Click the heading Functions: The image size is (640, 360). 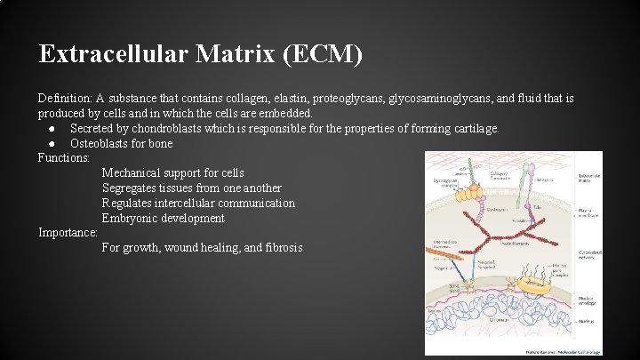(x=64, y=158)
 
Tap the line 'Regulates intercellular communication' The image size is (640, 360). (x=198, y=203)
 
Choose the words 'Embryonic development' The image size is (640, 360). (x=163, y=218)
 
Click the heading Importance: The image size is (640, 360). (x=68, y=233)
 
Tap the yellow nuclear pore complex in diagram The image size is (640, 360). (x=534, y=285)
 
